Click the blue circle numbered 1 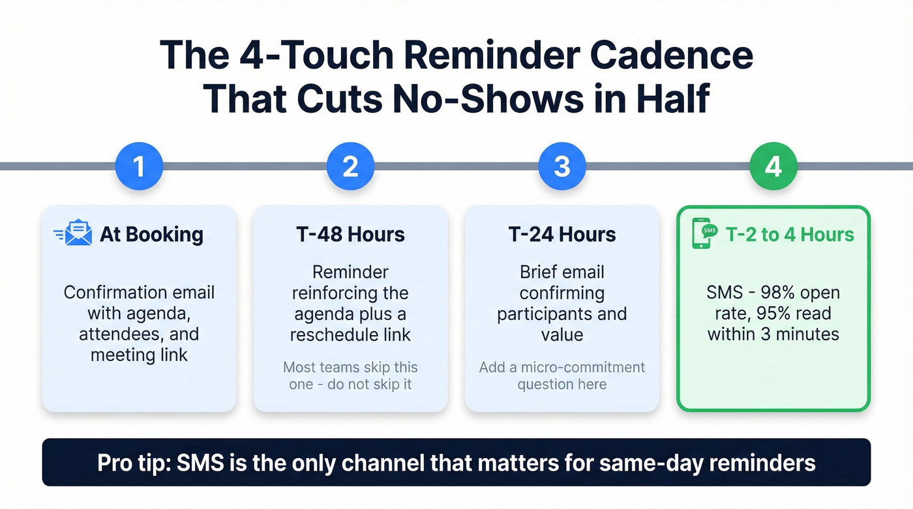click(x=139, y=167)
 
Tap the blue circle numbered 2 click(x=350, y=167)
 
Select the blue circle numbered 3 click(x=561, y=167)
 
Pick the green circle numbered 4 click(x=773, y=167)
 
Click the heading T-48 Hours click(x=350, y=235)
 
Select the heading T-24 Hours click(x=561, y=235)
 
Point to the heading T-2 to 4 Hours click(x=789, y=235)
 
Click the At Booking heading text click(x=151, y=235)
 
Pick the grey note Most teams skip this click(x=350, y=368)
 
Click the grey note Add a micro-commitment click(x=561, y=368)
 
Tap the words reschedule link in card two click(x=350, y=335)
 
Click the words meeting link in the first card click(x=139, y=355)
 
